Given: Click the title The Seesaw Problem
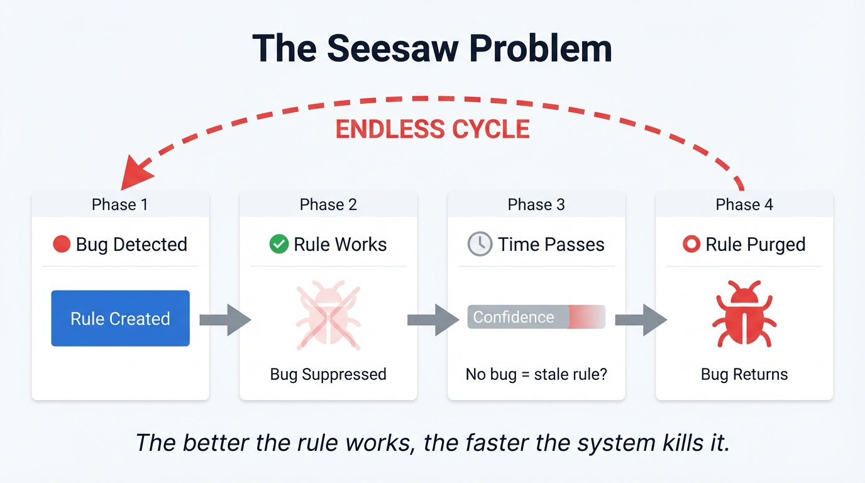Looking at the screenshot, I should point(432,49).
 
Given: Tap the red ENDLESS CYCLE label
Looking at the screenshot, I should point(432,129).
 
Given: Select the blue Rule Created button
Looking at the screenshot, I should point(120,318).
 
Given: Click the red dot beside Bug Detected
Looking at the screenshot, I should point(62,244).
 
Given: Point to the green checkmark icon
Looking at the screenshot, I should point(278,244).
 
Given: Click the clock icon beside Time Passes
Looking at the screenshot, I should point(480,244).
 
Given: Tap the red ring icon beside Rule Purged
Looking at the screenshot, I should point(691,244).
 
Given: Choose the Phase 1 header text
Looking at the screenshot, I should point(120,204).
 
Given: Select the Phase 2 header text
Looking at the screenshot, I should point(328,204).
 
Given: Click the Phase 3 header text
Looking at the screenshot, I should point(536,204).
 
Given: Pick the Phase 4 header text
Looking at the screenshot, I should point(744,204).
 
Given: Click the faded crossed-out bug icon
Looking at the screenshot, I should point(328,315).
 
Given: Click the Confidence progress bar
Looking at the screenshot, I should point(536,317).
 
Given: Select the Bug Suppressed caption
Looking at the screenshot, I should point(328,374).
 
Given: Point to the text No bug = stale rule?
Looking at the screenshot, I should point(536,374).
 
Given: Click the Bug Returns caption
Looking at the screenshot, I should point(744,374).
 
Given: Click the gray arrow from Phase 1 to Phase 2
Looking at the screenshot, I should point(224,319).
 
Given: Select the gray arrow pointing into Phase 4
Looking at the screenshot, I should point(640,319).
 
